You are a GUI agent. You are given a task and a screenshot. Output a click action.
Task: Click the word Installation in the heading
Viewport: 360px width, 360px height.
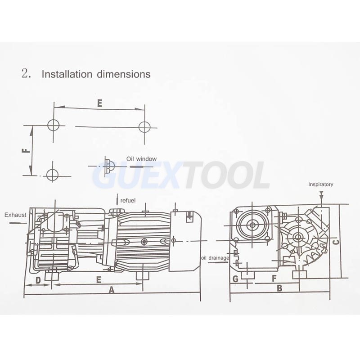coord(67,74)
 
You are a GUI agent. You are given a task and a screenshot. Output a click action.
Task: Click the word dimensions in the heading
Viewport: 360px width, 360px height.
coord(124,74)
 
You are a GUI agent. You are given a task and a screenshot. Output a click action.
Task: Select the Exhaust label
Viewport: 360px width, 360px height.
coord(15,215)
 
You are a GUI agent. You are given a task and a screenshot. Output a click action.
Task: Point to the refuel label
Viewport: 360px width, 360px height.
coord(128,200)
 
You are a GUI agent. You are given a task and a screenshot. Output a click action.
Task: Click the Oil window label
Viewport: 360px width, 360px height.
coord(141,159)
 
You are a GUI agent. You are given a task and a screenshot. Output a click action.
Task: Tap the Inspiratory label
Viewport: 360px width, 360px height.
coord(320,184)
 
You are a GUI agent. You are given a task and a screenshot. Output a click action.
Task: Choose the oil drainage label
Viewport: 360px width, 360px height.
coord(215,258)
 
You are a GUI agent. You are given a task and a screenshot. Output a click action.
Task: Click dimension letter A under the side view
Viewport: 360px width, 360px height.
coord(112,290)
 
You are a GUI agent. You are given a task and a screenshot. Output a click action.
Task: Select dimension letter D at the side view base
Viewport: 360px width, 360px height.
coord(38,280)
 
